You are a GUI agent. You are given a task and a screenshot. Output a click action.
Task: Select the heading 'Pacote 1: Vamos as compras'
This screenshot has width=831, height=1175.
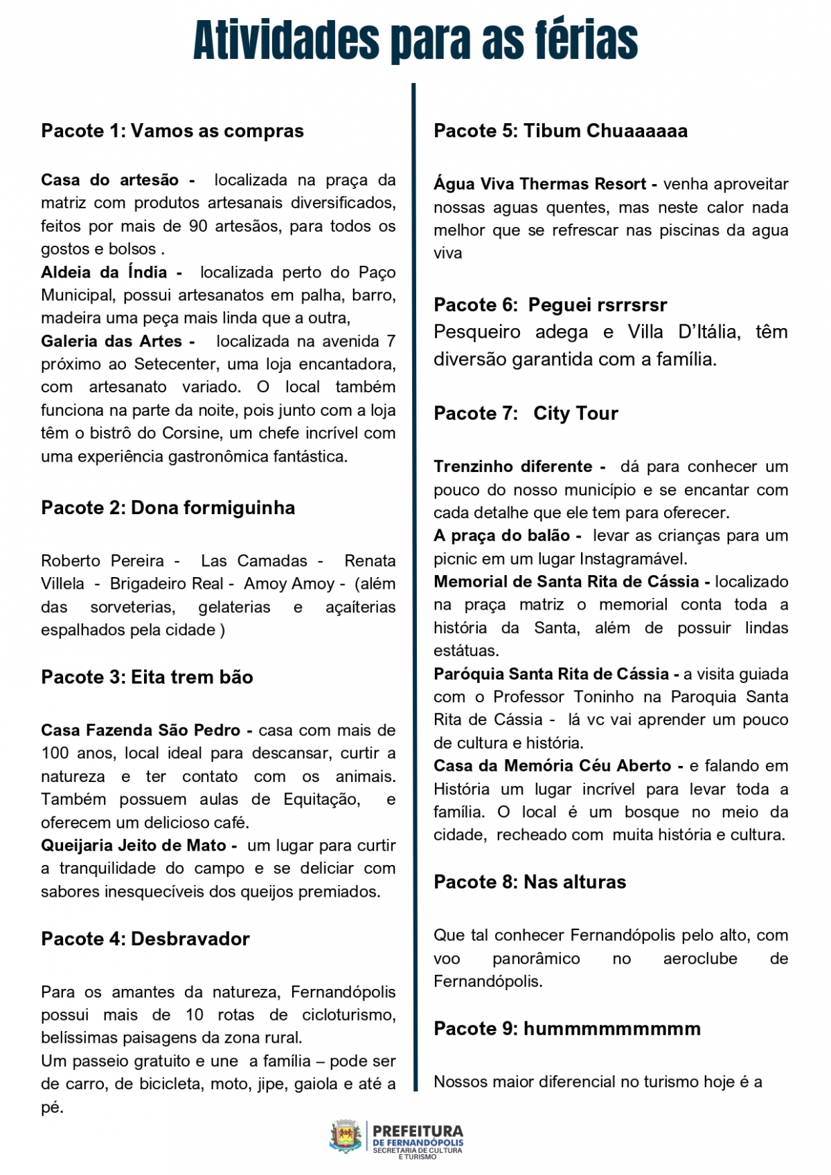click(x=172, y=131)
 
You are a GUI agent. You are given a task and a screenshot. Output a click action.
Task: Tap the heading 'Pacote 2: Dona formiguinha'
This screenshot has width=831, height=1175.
click(x=168, y=508)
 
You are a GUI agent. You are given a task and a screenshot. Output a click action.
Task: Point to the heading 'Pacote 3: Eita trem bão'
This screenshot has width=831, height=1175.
click(x=147, y=677)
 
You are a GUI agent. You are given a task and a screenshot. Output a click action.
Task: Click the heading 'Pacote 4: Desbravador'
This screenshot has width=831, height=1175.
click(x=145, y=939)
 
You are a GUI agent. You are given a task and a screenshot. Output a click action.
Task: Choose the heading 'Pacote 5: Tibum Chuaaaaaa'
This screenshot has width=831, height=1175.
click(x=561, y=131)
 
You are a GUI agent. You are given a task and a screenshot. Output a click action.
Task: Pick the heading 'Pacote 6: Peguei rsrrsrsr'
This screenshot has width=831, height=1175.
click(x=551, y=305)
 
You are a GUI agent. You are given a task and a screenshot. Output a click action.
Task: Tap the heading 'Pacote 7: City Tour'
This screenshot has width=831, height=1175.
click(x=526, y=414)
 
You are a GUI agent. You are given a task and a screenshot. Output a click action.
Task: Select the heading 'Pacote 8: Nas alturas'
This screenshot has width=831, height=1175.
click(x=530, y=882)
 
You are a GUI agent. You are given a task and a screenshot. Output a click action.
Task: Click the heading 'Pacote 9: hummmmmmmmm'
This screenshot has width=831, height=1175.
click(x=567, y=1029)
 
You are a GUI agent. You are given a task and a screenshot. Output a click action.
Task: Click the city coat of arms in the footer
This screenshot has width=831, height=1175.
click(x=346, y=1137)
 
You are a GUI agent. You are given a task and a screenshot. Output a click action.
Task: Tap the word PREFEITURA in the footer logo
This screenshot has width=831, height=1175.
click(x=418, y=1131)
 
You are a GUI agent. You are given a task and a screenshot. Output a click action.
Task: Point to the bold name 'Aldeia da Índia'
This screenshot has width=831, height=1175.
click(x=104, y=273)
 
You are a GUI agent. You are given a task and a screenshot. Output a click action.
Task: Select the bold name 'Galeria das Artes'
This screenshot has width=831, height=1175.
click(x=111, y=341)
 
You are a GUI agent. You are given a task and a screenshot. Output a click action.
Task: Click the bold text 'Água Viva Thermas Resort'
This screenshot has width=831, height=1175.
click(x=540, y=184)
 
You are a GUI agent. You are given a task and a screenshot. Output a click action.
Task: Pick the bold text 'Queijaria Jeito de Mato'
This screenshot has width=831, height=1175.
click(x=134, y=846)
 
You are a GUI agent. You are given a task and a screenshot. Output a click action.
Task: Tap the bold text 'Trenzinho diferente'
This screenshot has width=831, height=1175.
click(x=513, y=466)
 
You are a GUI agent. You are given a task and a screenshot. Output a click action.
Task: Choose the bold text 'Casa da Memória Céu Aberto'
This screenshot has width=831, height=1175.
click(x=553, y=766)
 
